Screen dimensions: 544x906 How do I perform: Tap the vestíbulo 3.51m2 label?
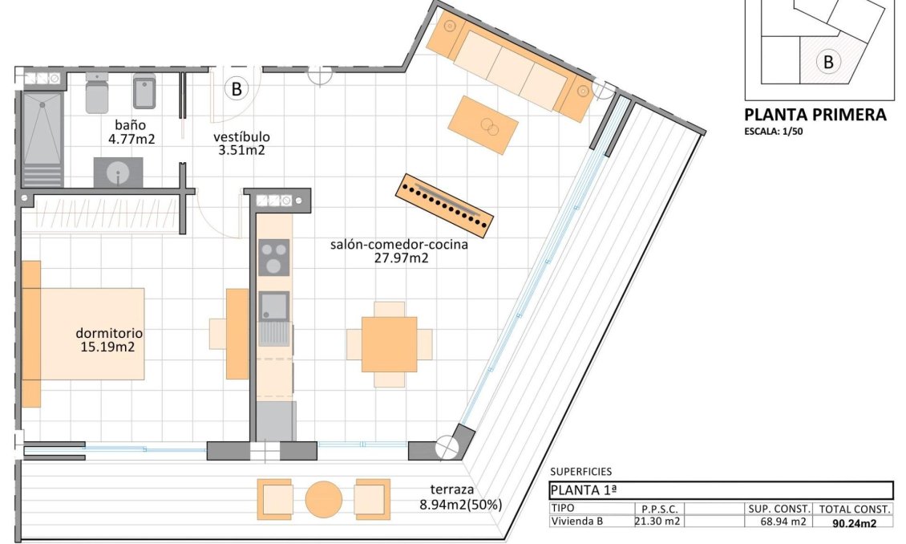click(241, 143)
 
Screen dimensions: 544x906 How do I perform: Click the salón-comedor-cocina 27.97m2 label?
click(398, 251)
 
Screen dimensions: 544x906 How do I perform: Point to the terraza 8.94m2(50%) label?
click(460, 497)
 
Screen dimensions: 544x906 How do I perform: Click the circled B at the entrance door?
click(236, 88)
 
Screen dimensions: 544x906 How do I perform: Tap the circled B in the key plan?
click(828, 61)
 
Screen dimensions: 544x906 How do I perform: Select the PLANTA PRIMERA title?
click(815, 115)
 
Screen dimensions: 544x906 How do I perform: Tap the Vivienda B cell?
click(576, 522)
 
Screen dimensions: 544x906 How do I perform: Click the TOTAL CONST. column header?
click(854, 509)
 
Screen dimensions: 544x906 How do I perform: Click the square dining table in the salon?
click(389, 344)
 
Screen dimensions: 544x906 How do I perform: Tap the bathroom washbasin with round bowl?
click(118, 173)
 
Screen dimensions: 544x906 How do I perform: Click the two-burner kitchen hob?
click(274, 258)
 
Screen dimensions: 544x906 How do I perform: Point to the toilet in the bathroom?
click(96, 92)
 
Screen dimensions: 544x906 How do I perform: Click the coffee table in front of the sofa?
click(479, 125)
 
